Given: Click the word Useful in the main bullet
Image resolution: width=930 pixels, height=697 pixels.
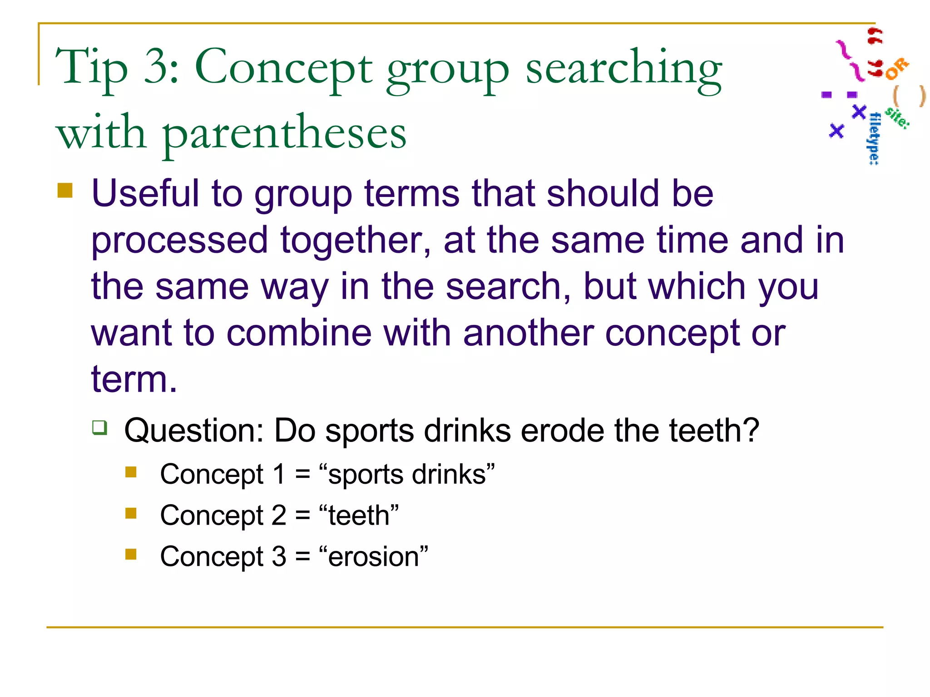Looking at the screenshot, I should (145, 193).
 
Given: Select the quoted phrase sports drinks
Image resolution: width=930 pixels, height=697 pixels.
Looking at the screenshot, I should (406, 475).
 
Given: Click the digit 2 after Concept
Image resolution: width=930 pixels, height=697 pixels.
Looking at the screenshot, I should (279, 516).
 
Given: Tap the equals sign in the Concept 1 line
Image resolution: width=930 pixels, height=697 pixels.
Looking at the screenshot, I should (302, 475).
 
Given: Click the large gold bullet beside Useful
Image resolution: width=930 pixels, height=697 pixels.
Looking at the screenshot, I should (65, 191).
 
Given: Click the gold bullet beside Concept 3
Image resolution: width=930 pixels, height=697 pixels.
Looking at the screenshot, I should (131, 554).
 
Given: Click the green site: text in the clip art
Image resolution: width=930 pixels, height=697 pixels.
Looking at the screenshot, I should (897, 117).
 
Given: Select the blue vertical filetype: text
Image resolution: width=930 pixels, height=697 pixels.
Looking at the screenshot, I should (874, 138).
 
